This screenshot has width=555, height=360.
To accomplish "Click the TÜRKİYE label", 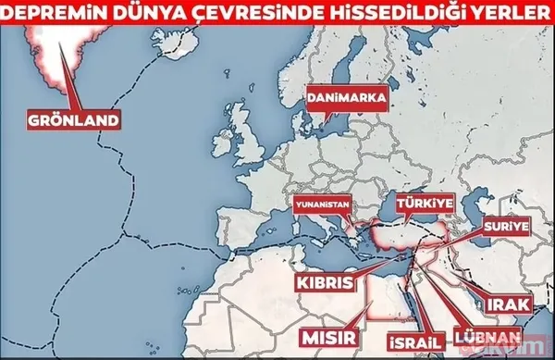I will click(x=421, y=200).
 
